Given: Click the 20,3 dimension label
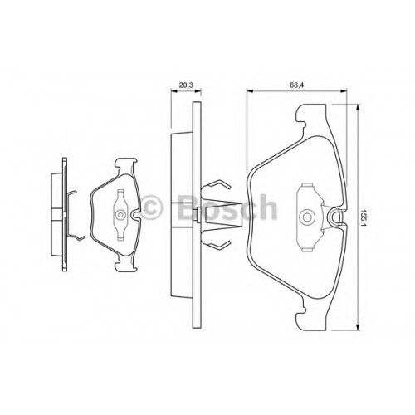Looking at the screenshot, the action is [186, 85].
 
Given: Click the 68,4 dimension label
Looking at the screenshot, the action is [297, 85].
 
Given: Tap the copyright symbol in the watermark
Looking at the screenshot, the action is [151, 207].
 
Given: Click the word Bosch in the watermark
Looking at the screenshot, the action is [227, 207].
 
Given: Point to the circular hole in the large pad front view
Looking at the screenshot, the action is [307, 217].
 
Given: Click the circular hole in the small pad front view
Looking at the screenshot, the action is [120, 215].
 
